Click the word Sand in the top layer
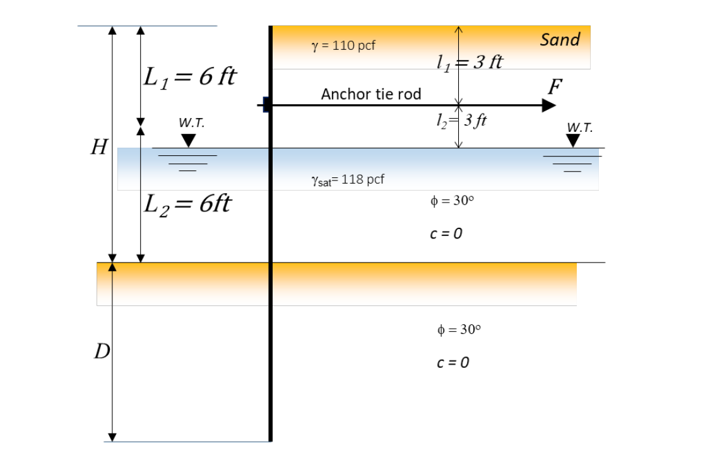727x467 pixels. pos(560,40)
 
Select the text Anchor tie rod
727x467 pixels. pos(371,95)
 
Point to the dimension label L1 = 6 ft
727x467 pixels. pos(190,77)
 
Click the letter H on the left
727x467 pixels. pos(98,148)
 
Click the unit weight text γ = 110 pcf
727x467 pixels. pos(344,46)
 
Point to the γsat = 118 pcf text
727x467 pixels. pos(348,180)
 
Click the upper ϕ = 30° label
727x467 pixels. pos(451,200)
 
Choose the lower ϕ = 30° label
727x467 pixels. pos(459,329)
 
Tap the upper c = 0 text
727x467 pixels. pos(446,233)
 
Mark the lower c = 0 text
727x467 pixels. pos(453,363)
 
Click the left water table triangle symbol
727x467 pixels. pos(188,140)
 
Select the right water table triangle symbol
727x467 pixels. pos(573,141)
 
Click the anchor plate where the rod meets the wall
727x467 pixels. pos(267,105)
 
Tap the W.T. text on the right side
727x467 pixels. pos(579,127)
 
